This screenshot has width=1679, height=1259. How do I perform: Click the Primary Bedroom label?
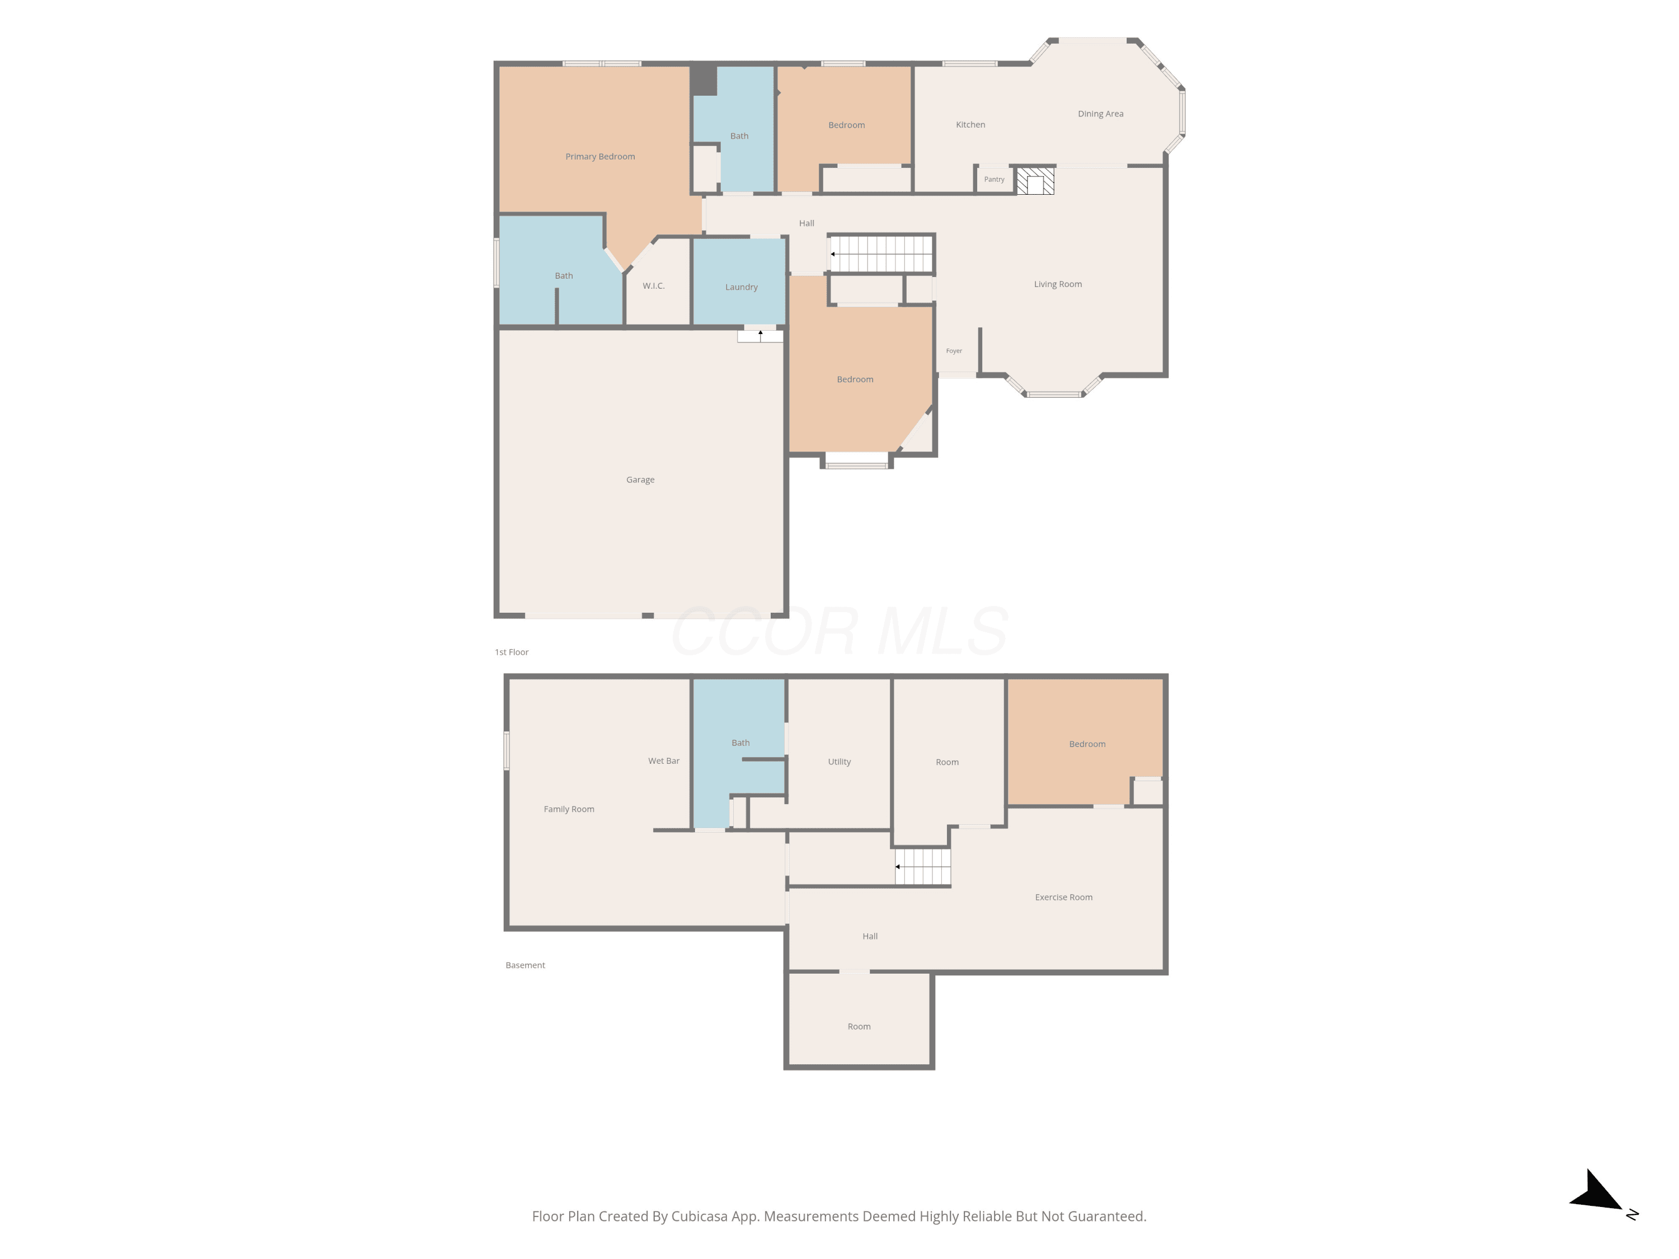(x=599, y=156)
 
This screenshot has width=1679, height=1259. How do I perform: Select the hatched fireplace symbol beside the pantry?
(x=1035, y=181)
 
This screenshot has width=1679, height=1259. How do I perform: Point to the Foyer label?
(x=954, y=351)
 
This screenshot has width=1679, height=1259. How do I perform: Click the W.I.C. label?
(x=654, y=286)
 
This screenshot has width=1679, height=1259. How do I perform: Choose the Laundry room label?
(x=741, y=287)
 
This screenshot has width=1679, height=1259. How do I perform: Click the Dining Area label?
(x=1101, y=114)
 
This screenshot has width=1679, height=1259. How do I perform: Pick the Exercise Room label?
(x=1063, y=897)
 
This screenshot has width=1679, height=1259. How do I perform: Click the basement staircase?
(x=922, y=867)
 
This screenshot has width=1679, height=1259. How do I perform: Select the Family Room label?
(x=569, y=809)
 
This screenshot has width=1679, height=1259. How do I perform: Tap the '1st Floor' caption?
(x=512, y=652)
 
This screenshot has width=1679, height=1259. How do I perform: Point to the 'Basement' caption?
(x=526, y=965)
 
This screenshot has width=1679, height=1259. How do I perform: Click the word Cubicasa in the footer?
(x=699, y=1216)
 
